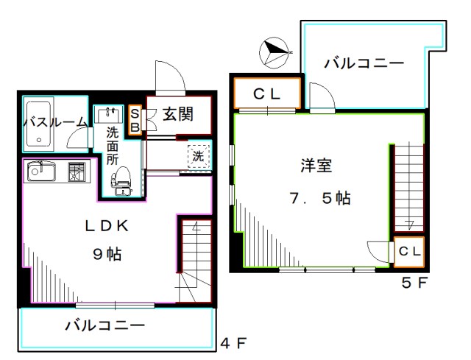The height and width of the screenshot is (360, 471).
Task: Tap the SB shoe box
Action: point(135,119)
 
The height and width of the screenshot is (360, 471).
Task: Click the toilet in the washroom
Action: point(121,180)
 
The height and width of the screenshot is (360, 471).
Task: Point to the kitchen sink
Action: point(41,172)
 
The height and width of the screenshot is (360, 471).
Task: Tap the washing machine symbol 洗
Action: point(199,156)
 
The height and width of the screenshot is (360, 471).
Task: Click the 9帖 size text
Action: point(107,255)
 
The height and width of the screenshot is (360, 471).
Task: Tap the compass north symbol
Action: point(274,52)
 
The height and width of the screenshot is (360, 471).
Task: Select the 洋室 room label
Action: point(315,165)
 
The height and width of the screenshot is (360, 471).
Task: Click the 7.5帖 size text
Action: point(319,197)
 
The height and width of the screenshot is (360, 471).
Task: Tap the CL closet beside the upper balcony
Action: point(267,94)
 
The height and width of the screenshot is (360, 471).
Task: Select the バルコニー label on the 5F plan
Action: point(364,64)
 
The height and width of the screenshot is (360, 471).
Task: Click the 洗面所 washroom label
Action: point(112,144)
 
